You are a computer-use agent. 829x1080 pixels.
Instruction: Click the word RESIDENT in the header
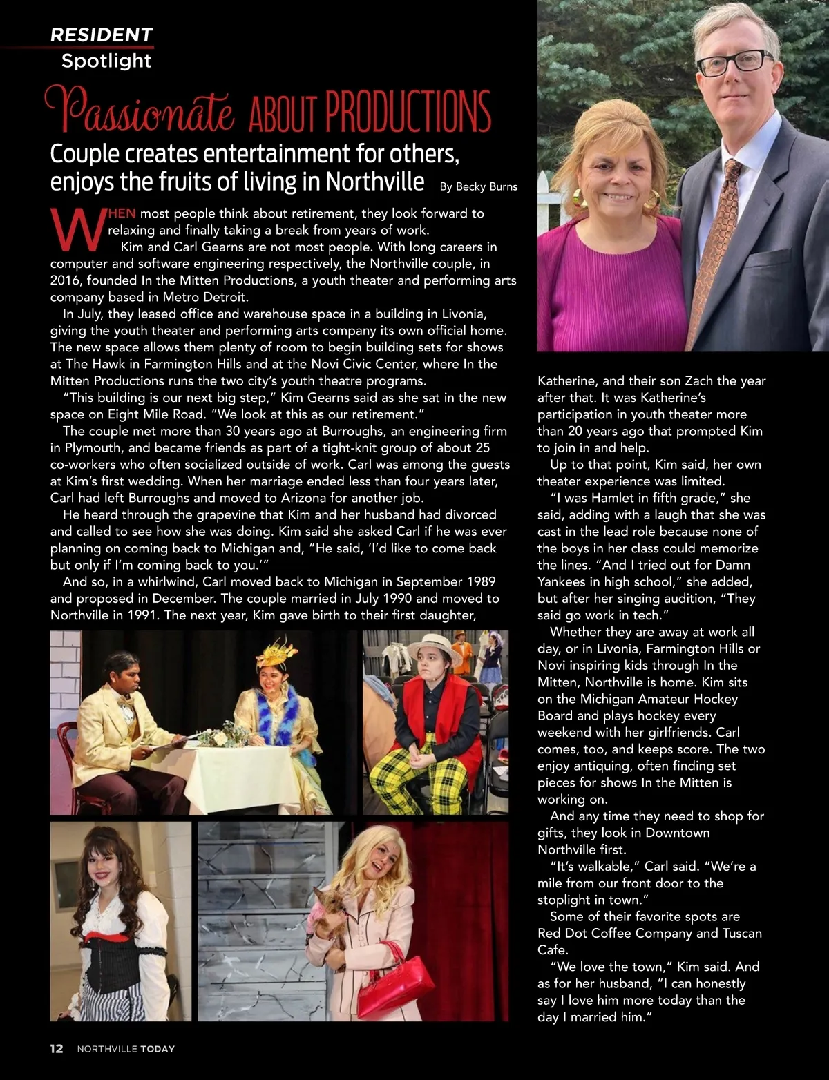point(102,35)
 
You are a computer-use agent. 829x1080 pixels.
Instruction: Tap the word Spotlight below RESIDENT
point(106,61)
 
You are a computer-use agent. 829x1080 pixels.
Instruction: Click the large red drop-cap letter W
point(77,231)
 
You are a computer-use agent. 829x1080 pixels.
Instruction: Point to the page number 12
point(57,1048)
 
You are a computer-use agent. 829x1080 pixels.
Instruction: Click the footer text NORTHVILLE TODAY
point(126,1048)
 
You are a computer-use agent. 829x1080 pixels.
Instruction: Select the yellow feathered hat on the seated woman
point(276,653)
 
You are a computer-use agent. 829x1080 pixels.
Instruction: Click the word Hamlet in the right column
point(612,498)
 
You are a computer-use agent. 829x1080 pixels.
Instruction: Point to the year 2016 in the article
point(65,280)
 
